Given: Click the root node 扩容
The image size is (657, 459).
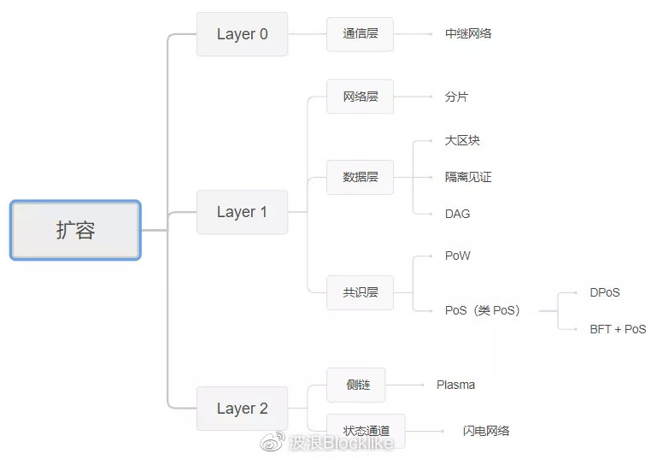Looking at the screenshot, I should pyautogui.click(x=75, y=230).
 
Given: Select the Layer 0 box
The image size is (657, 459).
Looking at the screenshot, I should pyautogui.click(x=242, y=34).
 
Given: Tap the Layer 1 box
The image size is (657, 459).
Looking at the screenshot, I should pyautogui.click(x=242, y=212).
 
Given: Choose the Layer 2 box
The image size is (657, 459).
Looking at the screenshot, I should pyautogui.click(x=242, y=409).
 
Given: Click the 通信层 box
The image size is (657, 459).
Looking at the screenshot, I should pyautogui.click(x=361, y=34).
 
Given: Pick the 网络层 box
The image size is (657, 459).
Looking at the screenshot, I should pyautogui.click(x=361, y=97).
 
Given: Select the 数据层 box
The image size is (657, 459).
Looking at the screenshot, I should pyautogui.click(x=361, y=177).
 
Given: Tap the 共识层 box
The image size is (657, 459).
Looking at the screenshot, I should pyautogui.click(x=361, y=292).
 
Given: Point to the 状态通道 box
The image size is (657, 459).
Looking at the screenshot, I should pyautogui.click(x=367, y=431).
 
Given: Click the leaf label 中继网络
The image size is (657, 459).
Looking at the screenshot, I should pyautogui.click(x=468, y=34).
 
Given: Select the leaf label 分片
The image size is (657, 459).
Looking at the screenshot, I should pyautogui.click(x=456, y=97).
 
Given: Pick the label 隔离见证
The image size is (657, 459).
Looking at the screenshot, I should pyautogui.click(x=468, y=177).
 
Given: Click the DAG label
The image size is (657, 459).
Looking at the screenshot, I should pyautogui.click(x=457, y=214).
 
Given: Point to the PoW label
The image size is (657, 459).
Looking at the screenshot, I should pyautogui.click(x=457, y=256).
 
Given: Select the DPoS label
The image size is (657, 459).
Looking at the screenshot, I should pyautogui.click(x=604, y=292).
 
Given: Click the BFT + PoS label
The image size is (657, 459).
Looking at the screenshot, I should pyautogui.click(x=618, y=329).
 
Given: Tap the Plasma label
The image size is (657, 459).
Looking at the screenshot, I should pyautogui.click(x=455, y=385).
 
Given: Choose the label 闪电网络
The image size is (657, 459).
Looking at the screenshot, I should pyautogui.click(x=486, y=431).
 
